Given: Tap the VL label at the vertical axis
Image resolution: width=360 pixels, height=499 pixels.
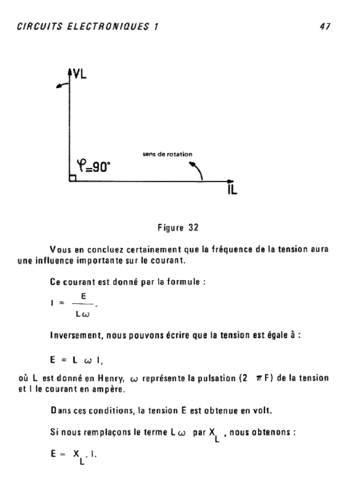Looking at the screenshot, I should [79, 75].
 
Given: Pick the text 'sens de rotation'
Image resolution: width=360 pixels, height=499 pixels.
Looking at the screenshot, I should [167, 154].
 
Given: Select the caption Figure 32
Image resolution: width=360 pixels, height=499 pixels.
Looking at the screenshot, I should [178, 228].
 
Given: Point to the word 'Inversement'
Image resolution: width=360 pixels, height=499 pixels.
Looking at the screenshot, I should [73, 336].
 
